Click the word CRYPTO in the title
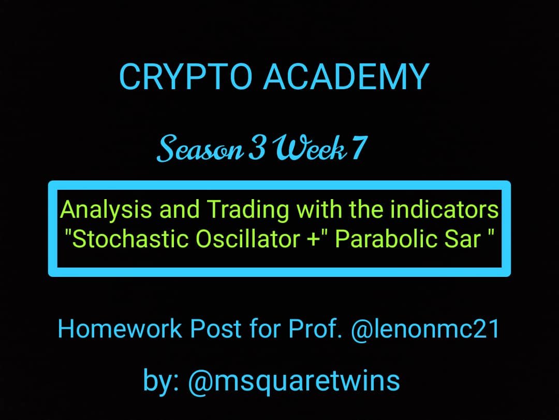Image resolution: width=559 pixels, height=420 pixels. pyautogui.click(x=186, y=76)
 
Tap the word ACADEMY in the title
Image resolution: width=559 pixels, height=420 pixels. pyautogui.click(x=346, y=76)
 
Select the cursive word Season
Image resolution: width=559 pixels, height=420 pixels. pyautogui.click(x=200, y=148)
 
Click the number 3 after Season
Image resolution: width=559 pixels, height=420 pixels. pyautogui.click(x=257, y=148)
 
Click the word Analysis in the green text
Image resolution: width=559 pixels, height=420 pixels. pyautogui.click(x=106, y=210)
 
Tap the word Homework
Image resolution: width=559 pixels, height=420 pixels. pyautogui.click(x=120, y=329)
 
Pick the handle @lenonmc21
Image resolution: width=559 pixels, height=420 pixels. pyautogui.click(x=425, y=329)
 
